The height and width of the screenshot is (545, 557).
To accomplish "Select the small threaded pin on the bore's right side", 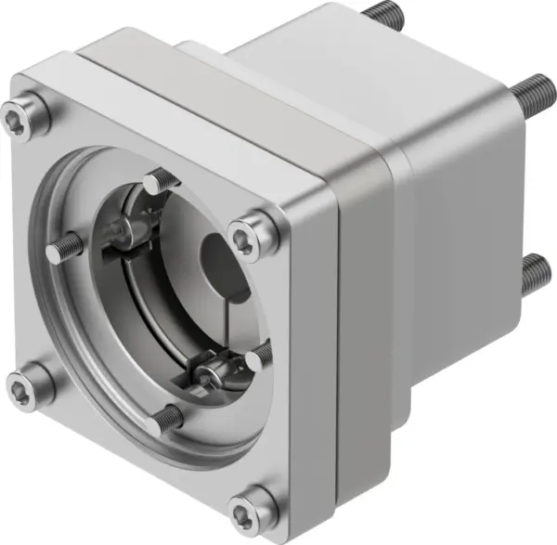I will pyautogui.click(x=260, y=355).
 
